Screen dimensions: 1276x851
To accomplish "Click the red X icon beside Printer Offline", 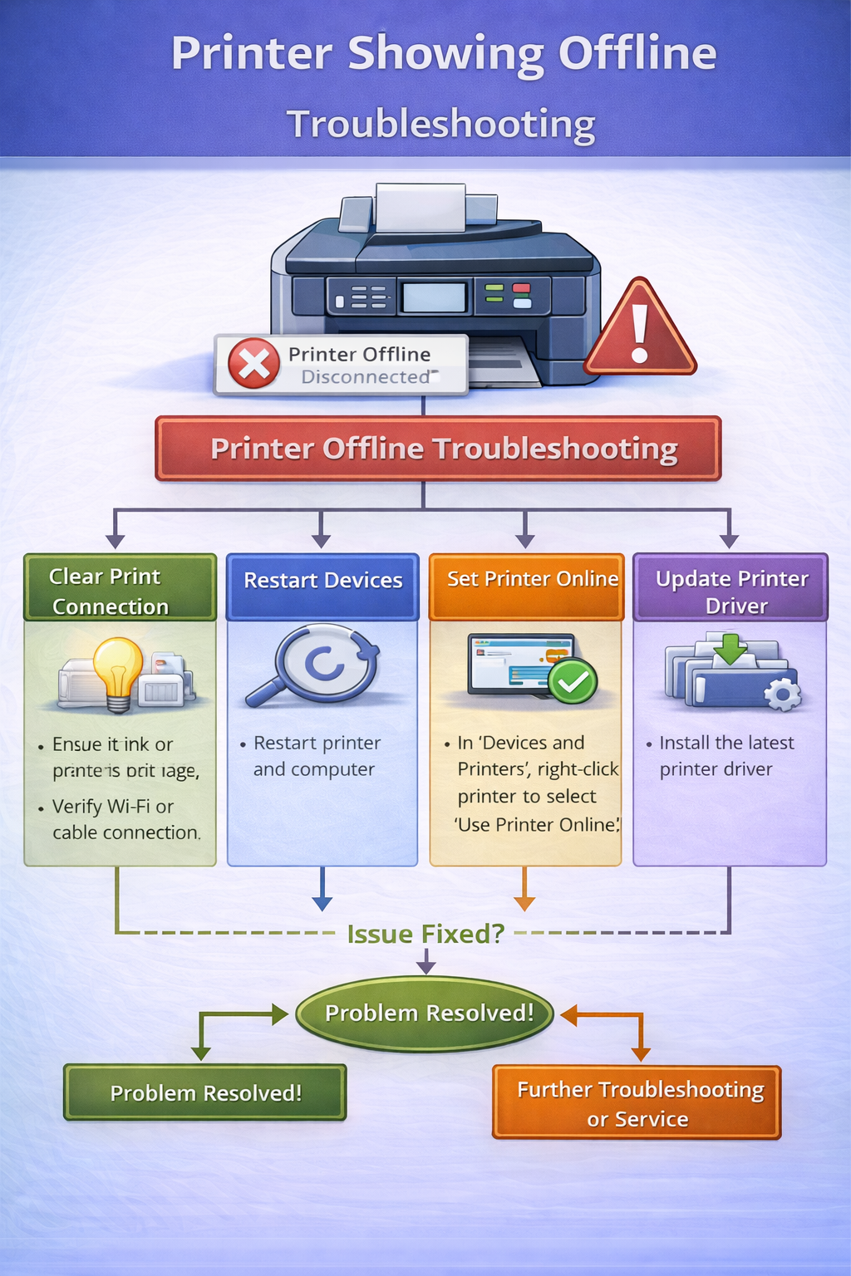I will tap(253, 363).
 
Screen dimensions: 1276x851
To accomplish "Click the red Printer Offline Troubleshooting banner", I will tap(438, 449).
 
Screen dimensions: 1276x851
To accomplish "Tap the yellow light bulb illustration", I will tap(118, 671).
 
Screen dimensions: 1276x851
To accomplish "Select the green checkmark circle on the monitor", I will tap(572, 681).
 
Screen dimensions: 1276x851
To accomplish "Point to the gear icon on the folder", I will tap(781, 694).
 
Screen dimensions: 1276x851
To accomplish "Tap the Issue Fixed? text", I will tap(425, 934).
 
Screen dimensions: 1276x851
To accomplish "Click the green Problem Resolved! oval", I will tap(425, 1013).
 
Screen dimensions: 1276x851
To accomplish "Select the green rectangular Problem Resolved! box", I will tap(205, 1092).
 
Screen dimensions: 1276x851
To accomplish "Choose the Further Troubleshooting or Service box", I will tap(637, 1103).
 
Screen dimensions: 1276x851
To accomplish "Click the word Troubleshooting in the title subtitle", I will tap(441, 124).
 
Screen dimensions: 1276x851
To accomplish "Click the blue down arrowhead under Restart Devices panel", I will tap(322, 903).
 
